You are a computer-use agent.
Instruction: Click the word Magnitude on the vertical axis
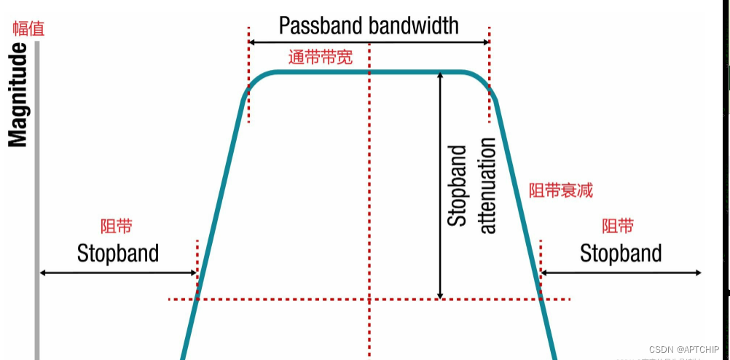tap(17, 95)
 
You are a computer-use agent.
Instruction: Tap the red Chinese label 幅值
tap(28, 29)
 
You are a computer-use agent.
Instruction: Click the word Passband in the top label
tap(321, 26)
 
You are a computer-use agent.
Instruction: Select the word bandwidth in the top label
tap(414, 26)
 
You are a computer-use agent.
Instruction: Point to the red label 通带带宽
tap(321, 57)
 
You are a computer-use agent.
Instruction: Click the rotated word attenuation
tap(487, 185)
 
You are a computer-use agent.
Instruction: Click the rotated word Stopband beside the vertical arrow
tap(457, 186)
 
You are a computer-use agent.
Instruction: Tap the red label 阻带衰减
tap(560, 190)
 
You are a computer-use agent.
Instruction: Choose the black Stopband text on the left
tap(118, 253)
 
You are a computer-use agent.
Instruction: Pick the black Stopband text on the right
tap(621, 253)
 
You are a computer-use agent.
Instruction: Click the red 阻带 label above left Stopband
tap(117, 227)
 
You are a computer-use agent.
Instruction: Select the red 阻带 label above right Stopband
tap(618, 226)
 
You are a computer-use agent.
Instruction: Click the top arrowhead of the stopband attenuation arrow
tap(440, 74)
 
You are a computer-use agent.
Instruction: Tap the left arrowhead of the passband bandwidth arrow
tap(252, 43)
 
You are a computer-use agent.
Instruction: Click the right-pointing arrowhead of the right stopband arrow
tap(697, 273)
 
